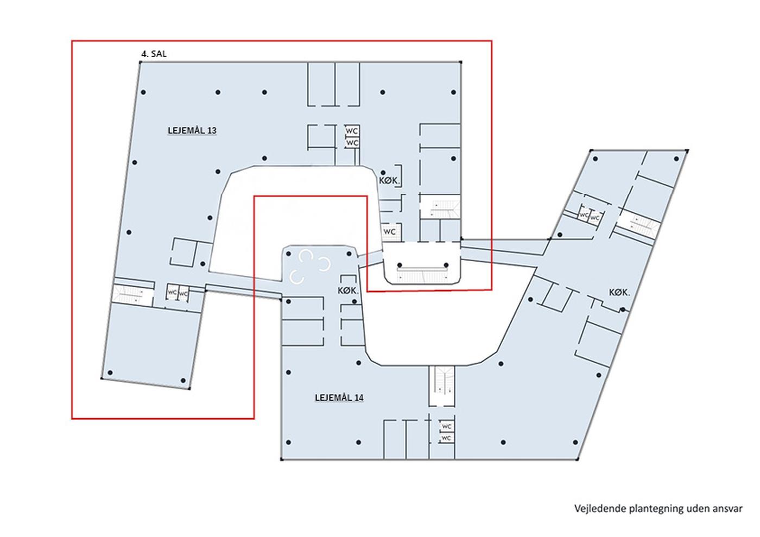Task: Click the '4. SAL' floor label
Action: (x=154, y=54)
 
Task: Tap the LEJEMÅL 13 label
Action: (x=192, y=131)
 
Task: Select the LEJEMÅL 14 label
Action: (x=339, y=398)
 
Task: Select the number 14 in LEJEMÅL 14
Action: (x=359, y=398)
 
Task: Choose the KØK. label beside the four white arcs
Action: (x=348, y=291)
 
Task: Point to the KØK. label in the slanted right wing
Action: (x=619, y=292)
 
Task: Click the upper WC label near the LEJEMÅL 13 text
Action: (x=352, y=131)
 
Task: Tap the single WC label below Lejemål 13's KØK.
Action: (x=390, y=232)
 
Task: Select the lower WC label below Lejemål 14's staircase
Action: (x=446, y=438)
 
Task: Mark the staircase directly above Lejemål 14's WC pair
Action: (x=441, y=386)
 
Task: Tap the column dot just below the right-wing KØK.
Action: (x=623, y=309)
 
